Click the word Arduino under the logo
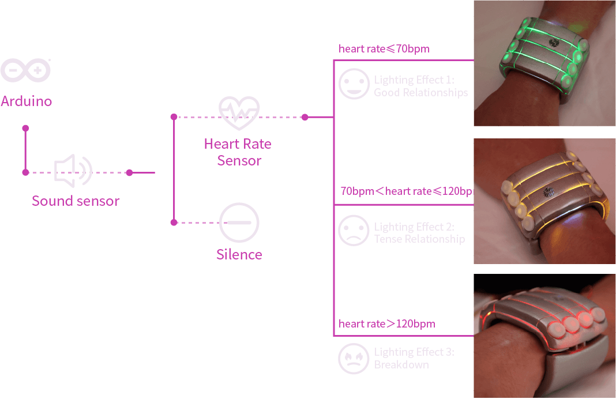pyautogui.click(x=27, y=101)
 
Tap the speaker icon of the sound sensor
pyautogui.click(x=73, y=171)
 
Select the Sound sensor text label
pyautogui.click(x=76, y=201)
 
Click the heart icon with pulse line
pyautogui.click(x=239, y=112)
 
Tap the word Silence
pyautogui.click(x=239, y=254)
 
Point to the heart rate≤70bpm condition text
pyautogui.click(x=384, y=49)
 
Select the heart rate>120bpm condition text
pyautogui.click(x=386, y=323)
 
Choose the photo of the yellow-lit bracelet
pyautogui.click(x=544, y=201)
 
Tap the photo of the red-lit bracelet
pyautogui.click(x=544, y=336)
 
